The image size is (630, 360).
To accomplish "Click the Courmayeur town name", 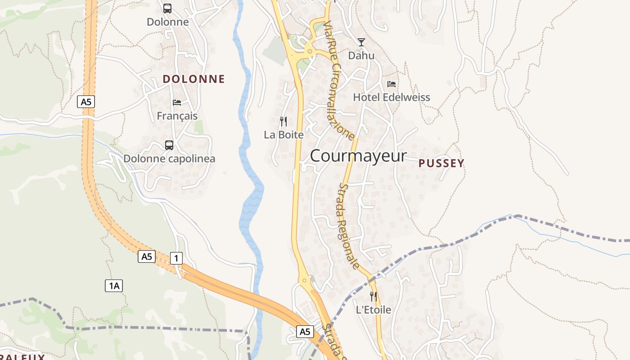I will click(x=358, y=156).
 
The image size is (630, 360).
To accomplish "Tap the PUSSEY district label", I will click(x=441, y=163).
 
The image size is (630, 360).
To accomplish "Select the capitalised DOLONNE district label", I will click(x=193, y=79).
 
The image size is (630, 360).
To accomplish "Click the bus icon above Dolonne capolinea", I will click(x=169, y=145).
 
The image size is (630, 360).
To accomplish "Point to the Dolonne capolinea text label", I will click(x=169, y=159).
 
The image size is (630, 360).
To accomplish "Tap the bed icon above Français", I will click(x=177, y=103).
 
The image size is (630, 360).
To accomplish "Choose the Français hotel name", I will click(x=177, y=116).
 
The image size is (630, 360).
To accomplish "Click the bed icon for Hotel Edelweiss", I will click(x=391, y=84).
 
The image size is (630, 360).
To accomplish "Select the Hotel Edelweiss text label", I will click(x=391, y=97).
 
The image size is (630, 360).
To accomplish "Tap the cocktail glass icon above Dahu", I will click(x=361, y=42).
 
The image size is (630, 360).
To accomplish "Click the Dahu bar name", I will click(x=361, y=56).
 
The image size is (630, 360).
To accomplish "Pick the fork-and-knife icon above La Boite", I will click(x=283, y=121).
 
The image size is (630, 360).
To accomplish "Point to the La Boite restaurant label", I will click(x=283, y=135).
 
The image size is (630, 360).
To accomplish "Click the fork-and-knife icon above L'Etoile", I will click(x=373, y=296).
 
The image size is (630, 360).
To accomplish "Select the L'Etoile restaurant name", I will click(x=373, y=310).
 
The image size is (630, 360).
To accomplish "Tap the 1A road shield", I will click(x=114, y=285).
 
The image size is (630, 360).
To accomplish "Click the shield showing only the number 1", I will click(x=176, y=258).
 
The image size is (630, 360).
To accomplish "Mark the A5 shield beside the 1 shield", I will click(x=147, y=256).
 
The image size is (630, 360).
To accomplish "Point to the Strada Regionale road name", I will click(x=349, y=226).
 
